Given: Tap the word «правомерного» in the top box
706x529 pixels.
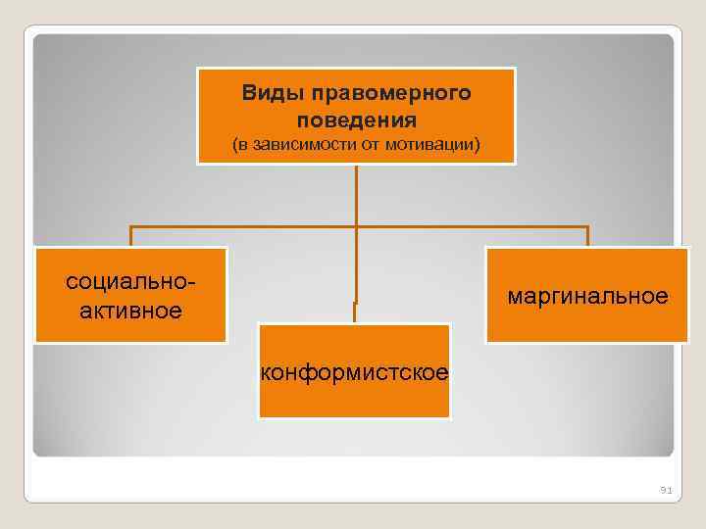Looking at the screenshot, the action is [x=391, y=94].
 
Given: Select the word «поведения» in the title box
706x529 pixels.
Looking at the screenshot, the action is [x=356, y=120].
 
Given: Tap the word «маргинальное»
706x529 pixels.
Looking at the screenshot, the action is [x=587, y=296].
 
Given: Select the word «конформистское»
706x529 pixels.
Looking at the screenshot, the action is [x=355, y=372].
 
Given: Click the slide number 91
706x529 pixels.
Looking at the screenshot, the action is [x=665, y=489].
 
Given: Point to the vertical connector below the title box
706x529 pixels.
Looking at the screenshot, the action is [x=356, y=196].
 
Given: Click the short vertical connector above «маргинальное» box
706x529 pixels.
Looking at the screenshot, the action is [x=587, y=237].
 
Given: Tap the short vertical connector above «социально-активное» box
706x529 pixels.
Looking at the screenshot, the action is [x=131, y=237].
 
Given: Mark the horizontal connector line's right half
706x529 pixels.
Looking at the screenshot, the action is [x=472, y=227].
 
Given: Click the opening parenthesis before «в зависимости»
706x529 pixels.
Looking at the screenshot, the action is [x=234, y=146].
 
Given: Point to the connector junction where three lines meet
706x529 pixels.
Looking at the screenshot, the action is [x=356, y=227].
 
